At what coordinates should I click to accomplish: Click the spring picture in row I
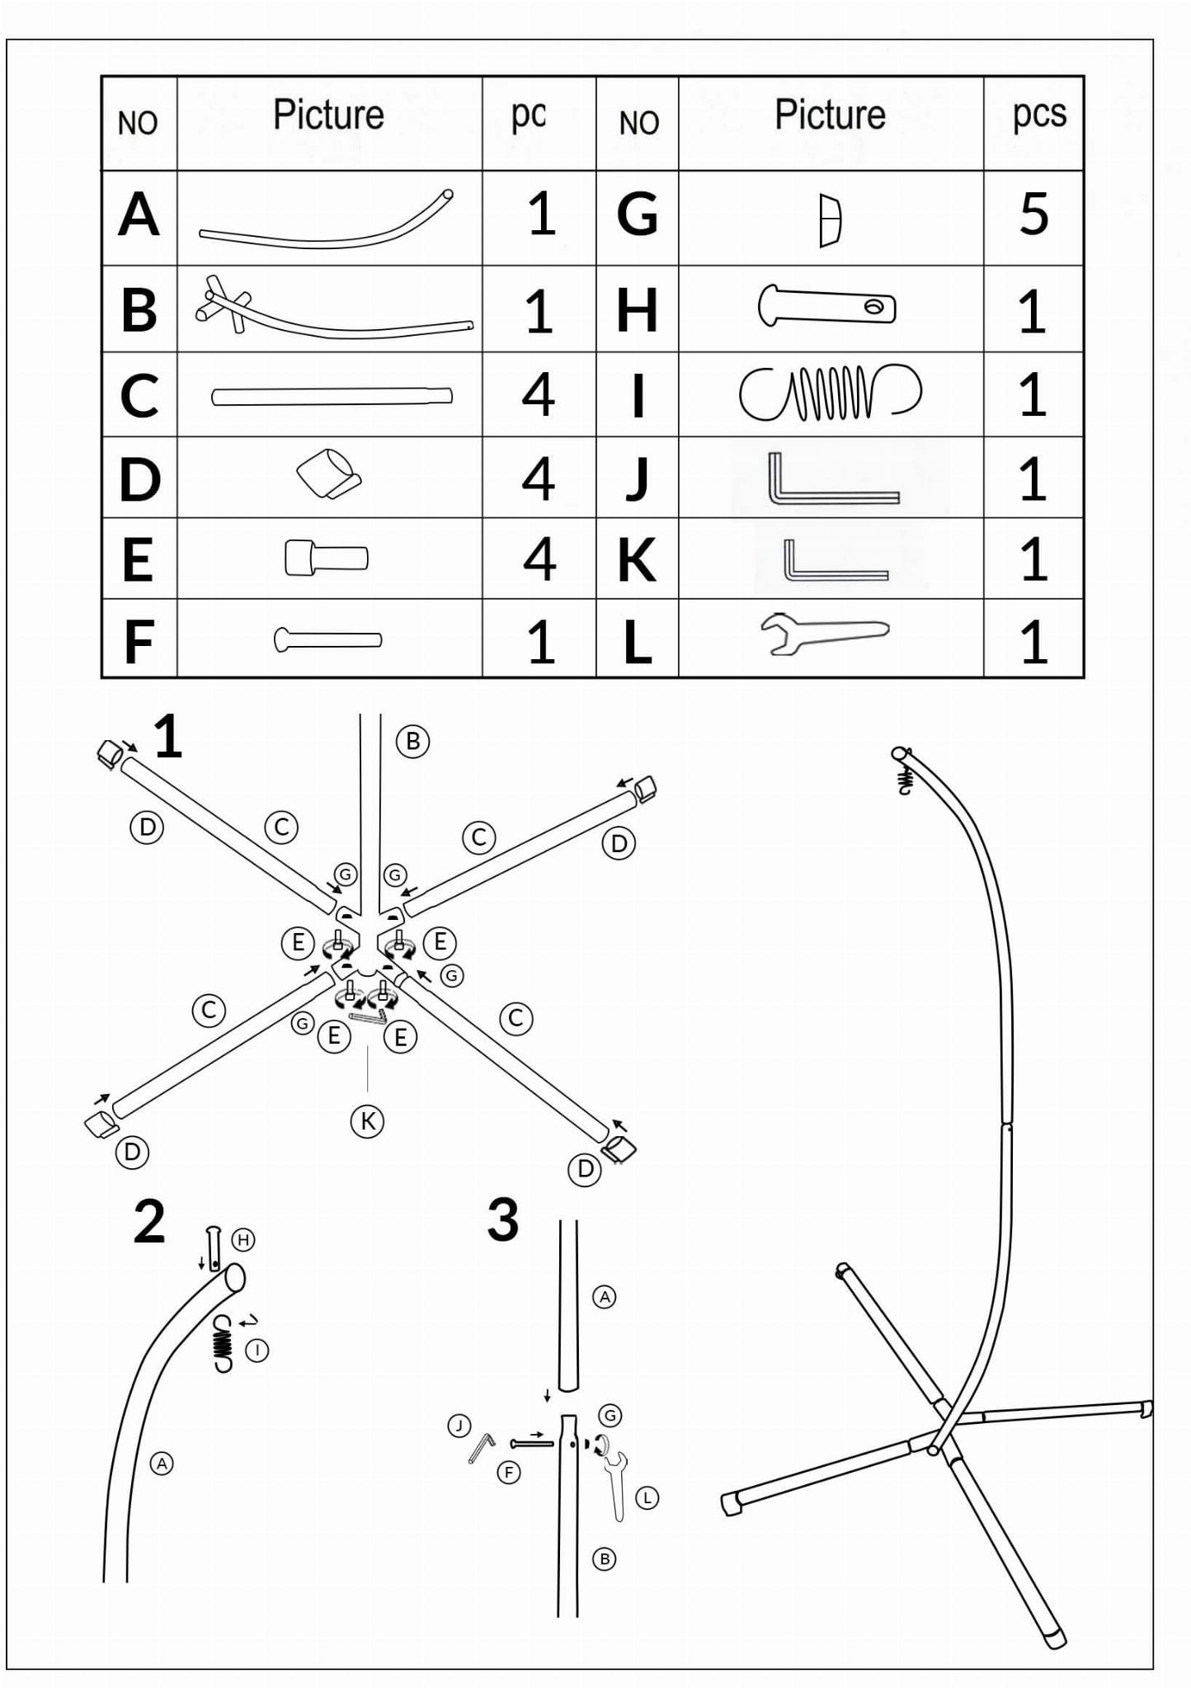click(x=829, y=393)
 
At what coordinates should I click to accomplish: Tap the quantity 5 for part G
click(x=1033, y=215)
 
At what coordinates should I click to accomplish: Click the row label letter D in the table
click(x=139, y=479)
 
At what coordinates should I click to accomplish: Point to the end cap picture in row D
click(x=329, y=474)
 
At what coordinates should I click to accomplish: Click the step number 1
click(x=167, y=737)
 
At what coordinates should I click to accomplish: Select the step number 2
click(x=149, y=1221)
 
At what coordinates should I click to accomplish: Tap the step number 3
click(x=502, y=1219)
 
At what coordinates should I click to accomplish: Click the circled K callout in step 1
click(x=367, y=1121)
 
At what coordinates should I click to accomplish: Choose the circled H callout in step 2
click(x=242, y=1239)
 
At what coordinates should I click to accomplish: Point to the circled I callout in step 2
click(x=257, y=1351)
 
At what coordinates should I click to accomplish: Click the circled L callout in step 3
click(x=647, y=1497)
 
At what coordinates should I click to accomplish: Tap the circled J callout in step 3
click(x=459, y=1425)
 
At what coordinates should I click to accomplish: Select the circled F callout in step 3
click(x=509, y=1472)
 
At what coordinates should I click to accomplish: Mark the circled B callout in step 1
click(x=412, y=741)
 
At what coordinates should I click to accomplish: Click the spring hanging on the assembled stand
click(x=905, y=780)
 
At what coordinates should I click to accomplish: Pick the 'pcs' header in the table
click(x=1038, y=115)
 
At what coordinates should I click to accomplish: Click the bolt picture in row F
click(x=327, y=639)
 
